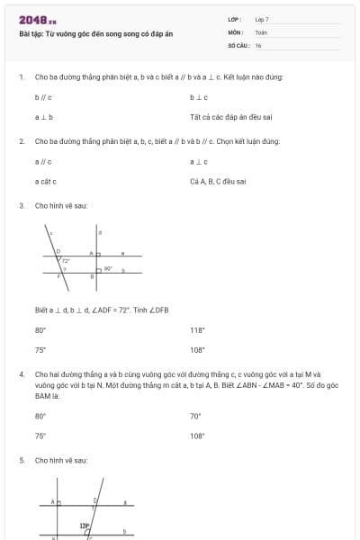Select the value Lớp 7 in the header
262,19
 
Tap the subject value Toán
261,31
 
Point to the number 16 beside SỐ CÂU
258,44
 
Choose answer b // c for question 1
43,97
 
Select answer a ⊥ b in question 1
43,117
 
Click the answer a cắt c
46,181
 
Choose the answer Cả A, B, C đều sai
218,181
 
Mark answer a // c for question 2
43,161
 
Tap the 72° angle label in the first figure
66,260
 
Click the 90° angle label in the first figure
108,268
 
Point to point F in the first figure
58,276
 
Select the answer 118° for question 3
197,329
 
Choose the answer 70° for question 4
195,416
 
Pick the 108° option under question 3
197,349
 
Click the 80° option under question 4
40,416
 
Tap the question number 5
21,460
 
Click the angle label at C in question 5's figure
85,526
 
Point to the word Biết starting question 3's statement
41,310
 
